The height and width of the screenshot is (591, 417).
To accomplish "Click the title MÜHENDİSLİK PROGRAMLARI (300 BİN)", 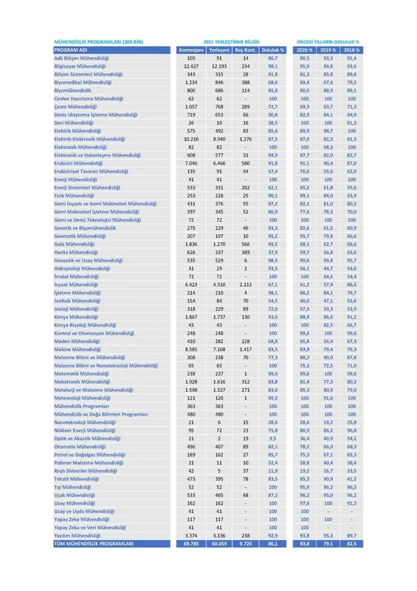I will click(x=99, y=42).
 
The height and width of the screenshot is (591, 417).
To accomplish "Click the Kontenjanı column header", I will click(x=190, y=51).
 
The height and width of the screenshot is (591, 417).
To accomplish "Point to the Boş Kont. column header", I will click(x=246, y=51).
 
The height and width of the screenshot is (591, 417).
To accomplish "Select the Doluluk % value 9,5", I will click(x=274, y=438).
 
